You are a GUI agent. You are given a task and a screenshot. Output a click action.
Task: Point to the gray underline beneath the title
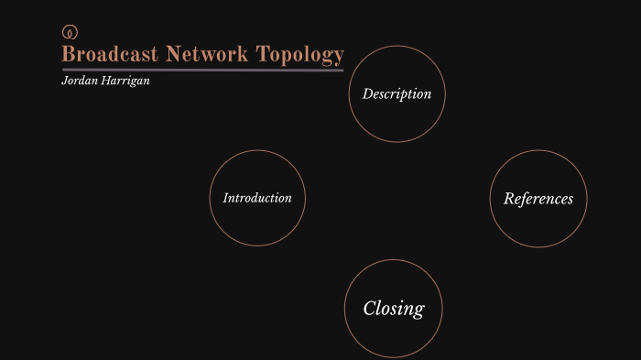click(x=202, y=70)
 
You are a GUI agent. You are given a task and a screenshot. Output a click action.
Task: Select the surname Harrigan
click(x=125, y=82)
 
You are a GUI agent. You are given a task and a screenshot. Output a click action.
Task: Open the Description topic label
click(x=397, y=93)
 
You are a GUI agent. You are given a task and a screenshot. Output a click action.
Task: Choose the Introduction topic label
click(x=257, y=198)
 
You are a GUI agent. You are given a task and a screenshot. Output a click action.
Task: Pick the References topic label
click(x=538, y=199)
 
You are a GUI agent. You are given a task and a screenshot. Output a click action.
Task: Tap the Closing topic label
click(x=394, y=308)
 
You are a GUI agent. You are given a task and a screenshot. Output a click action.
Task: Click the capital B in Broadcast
click(x=68, y=54)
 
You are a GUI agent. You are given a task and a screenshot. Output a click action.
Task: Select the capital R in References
click(x=509, y=199)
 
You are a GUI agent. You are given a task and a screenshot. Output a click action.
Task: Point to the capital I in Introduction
click(x=226, y=198)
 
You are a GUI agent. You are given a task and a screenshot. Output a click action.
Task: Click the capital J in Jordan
click(x=64, y=82)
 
